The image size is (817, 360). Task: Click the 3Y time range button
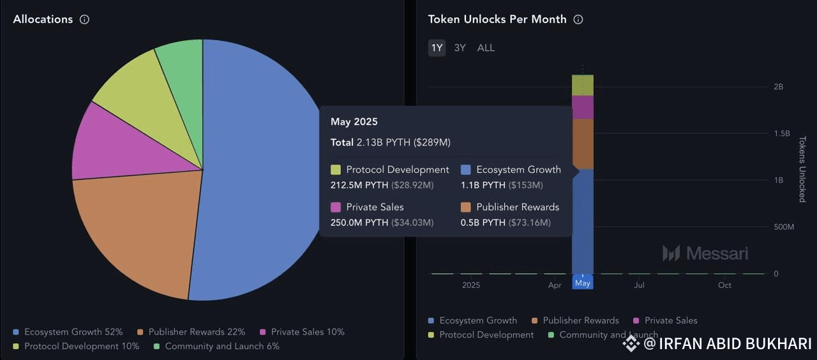(460, 48)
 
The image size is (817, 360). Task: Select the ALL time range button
(486, 48)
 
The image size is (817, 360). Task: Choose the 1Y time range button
(437, 48)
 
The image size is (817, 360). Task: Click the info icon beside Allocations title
(84, 19)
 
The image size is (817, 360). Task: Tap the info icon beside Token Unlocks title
(578, 19)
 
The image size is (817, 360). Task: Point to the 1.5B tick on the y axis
(781, 133)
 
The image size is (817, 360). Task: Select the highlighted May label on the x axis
(582, 283)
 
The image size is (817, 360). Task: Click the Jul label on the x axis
(639, 285)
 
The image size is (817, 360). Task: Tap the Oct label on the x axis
(724, 285)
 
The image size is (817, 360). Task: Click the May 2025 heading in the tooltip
(354, 122)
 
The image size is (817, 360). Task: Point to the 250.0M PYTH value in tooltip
(359, 222)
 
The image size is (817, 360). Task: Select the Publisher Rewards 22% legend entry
(191, 332)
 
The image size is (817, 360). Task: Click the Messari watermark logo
(705, 253)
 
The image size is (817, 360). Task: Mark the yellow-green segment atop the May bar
(582, 86)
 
